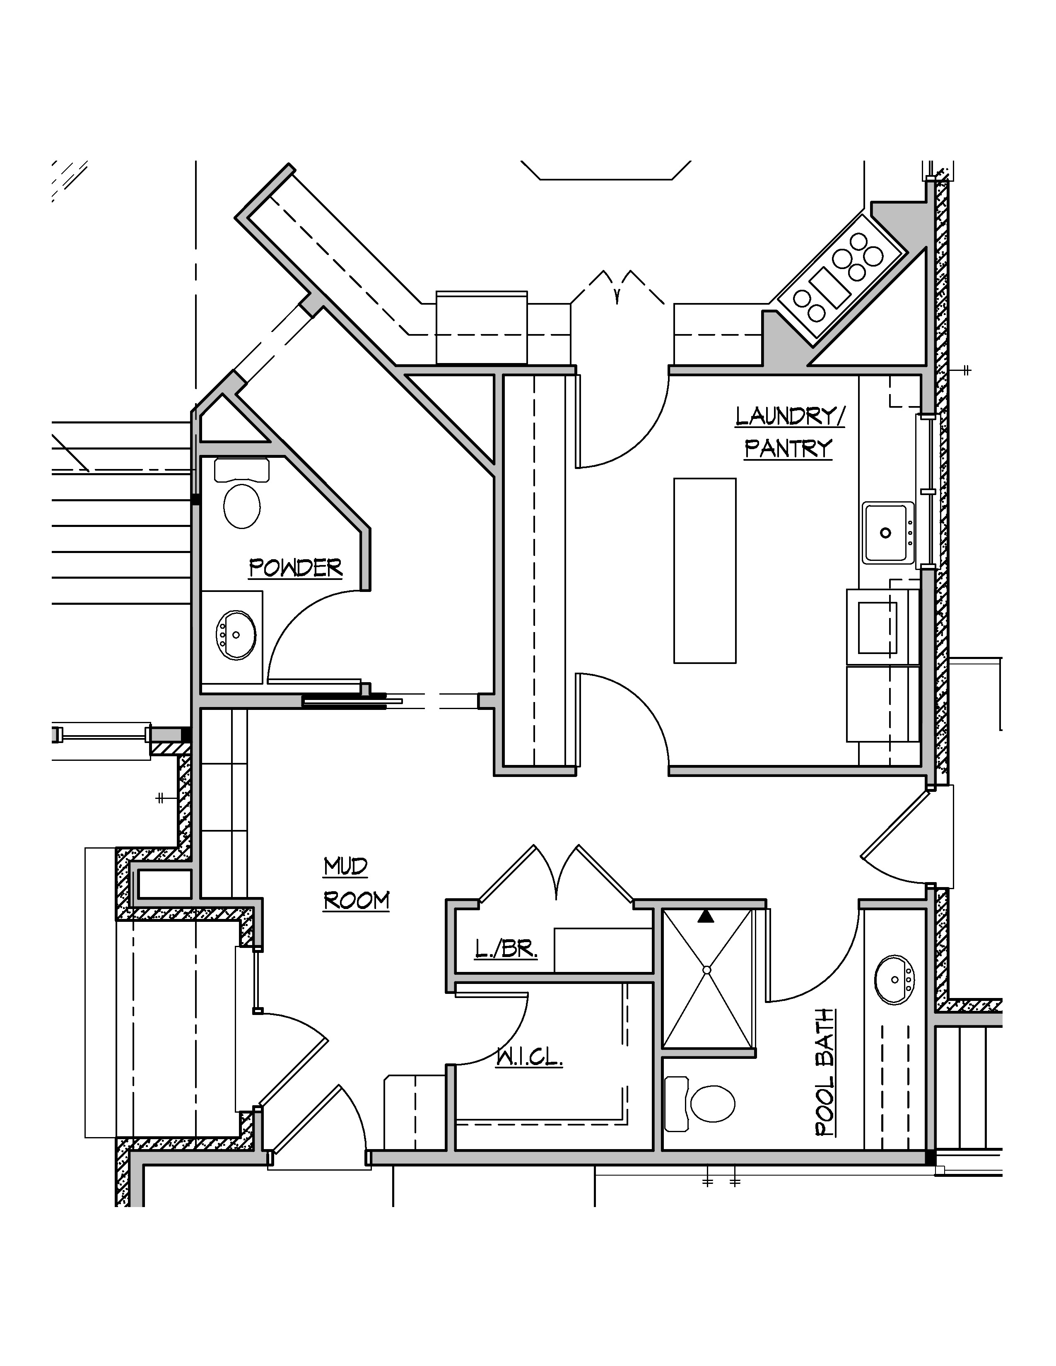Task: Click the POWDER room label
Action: click(295, 568)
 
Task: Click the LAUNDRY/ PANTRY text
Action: click(789, 432)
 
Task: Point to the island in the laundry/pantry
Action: click(704, 570)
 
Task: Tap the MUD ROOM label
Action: click(355, 884)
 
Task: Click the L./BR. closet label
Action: click(506, 950)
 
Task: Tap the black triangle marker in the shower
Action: click(706, 917)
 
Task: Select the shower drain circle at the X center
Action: click(707, 970)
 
